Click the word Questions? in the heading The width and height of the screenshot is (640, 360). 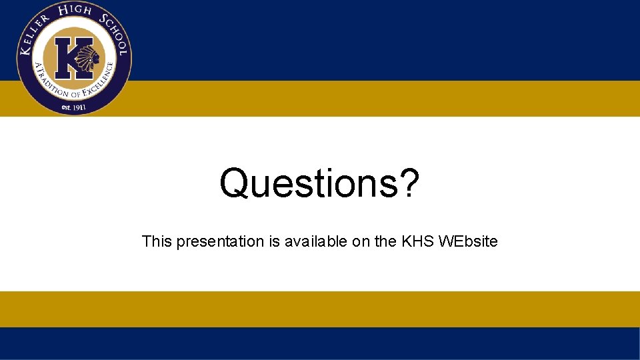pos(320,183)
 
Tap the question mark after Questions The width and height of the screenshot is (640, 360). pos(407,183)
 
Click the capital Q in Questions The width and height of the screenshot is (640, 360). pos(235,183)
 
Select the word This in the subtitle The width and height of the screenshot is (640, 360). pos(157,241)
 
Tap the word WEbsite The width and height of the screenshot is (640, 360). pos(468,241)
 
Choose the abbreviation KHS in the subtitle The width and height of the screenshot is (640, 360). pos(418,241)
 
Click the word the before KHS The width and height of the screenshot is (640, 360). pos(385,241)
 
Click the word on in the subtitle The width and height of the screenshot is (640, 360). pos(361,241)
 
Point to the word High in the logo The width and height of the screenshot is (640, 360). pos(74,11)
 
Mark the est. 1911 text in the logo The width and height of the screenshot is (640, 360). pos(73,107)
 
